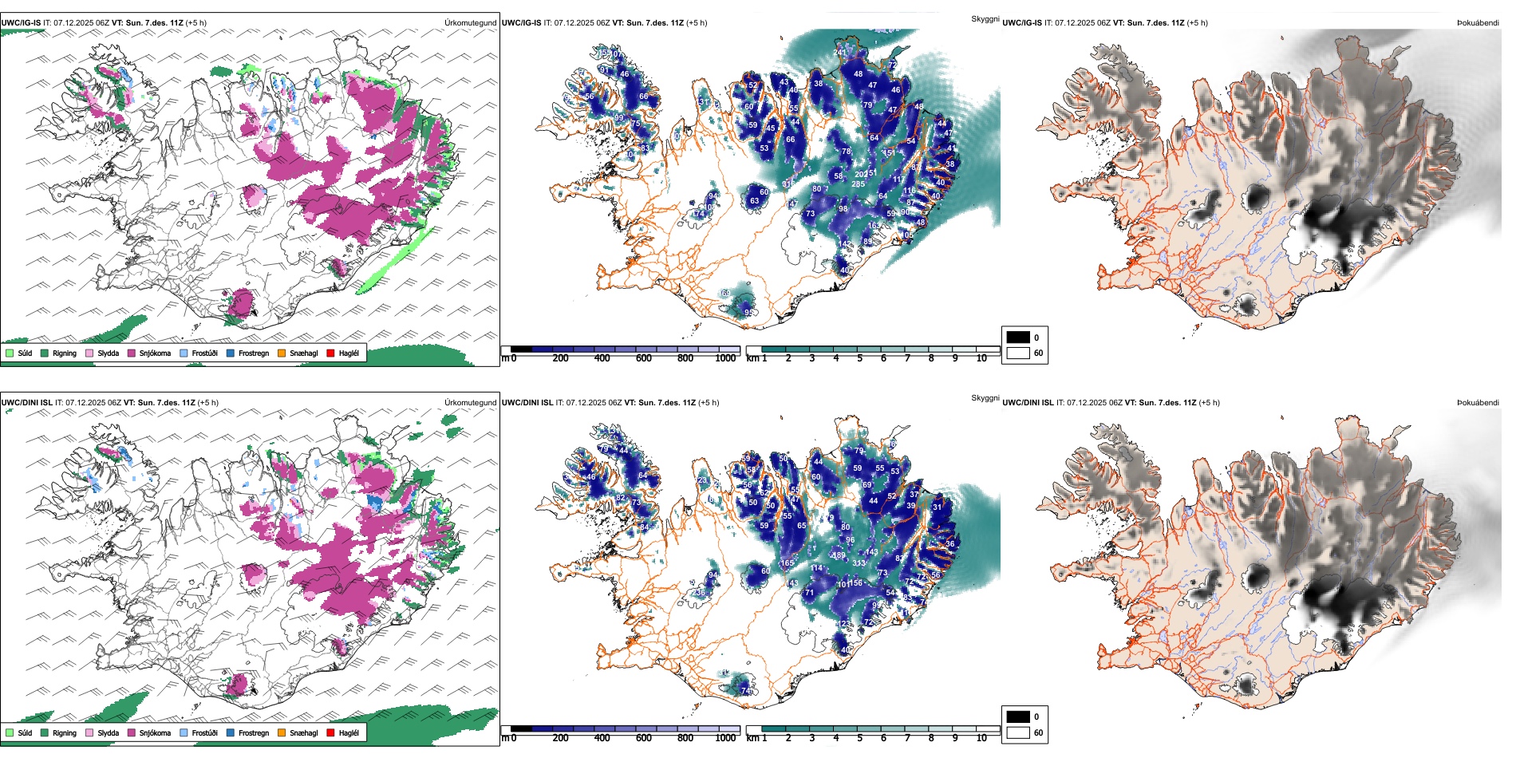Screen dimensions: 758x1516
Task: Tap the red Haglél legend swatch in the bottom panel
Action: pos(331,732)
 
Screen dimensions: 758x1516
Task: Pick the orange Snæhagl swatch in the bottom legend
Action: pos(282,732)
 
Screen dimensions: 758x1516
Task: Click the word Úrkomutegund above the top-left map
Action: pos(470,22)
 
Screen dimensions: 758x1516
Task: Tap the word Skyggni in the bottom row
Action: pos(985,397)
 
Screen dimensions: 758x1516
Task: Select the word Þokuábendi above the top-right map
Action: pos(1478,22)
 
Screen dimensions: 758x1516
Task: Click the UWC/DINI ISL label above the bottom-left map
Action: pos(26,402)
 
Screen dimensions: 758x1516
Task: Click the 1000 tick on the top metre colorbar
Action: pos(725,358)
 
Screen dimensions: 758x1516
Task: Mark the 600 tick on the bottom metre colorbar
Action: pos(644,738)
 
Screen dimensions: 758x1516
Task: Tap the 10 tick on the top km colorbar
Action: pos(981,358)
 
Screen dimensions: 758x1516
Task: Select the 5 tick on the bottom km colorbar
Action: pos(860,738)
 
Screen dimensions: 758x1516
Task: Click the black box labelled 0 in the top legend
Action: pos(1018,337)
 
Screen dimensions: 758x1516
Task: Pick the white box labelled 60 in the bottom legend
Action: pos(1018,732)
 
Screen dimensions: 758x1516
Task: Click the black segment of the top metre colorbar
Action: pos(521,349)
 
